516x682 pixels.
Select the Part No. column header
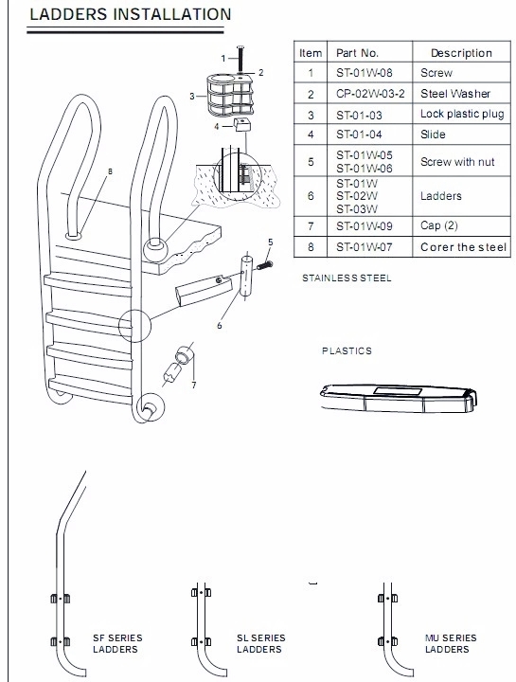click(x=357, y=53)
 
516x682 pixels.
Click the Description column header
click(x=461, y=53)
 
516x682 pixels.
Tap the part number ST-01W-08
click(x=365, y=73)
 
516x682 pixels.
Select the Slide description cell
click(x=433, y=135)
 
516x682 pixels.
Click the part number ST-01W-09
click(x=365, y=226)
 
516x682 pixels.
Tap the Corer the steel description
click(x=463, y=247)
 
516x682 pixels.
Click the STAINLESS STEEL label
click(x=347, y=278)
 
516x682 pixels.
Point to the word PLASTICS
click(x=347, y=350)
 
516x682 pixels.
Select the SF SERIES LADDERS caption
click(x=115, y=644)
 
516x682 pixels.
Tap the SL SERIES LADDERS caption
click(x=259, y=644)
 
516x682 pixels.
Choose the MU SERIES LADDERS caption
click(x=451, y=644)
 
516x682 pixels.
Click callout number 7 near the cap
click(x=193, y=386)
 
